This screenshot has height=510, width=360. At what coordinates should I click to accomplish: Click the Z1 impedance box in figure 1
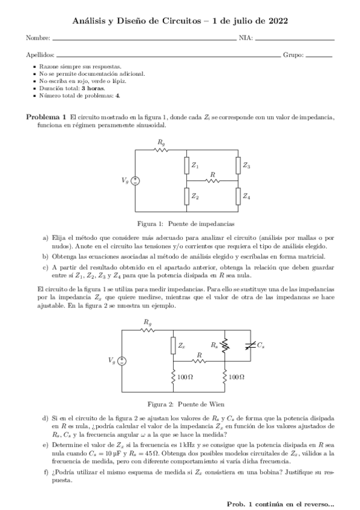point(187,165)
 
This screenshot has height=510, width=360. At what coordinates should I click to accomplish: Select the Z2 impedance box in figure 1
point(187,195)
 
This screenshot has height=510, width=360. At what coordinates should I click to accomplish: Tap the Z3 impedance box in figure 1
point(239,165)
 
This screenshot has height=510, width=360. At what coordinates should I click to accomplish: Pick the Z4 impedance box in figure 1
point(239,195)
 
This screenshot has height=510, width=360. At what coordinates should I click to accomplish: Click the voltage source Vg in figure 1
point(136,180)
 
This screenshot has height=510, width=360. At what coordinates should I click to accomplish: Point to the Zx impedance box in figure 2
point(174,345)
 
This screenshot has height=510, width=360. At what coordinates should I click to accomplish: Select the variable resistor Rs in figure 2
point(224,345)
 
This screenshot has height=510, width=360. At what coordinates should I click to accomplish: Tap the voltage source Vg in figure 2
point(123,361)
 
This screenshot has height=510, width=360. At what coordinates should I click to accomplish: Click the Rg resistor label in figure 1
point(161,142)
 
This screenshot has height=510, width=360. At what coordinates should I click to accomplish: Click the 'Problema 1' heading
point(46,116)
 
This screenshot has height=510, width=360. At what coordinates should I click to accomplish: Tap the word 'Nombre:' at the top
point(34,38)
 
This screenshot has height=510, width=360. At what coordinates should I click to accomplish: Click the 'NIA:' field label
point(246,38)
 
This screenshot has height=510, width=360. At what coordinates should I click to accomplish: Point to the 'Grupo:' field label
point(293,54)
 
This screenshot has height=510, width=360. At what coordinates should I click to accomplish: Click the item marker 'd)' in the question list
point(46,417)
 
